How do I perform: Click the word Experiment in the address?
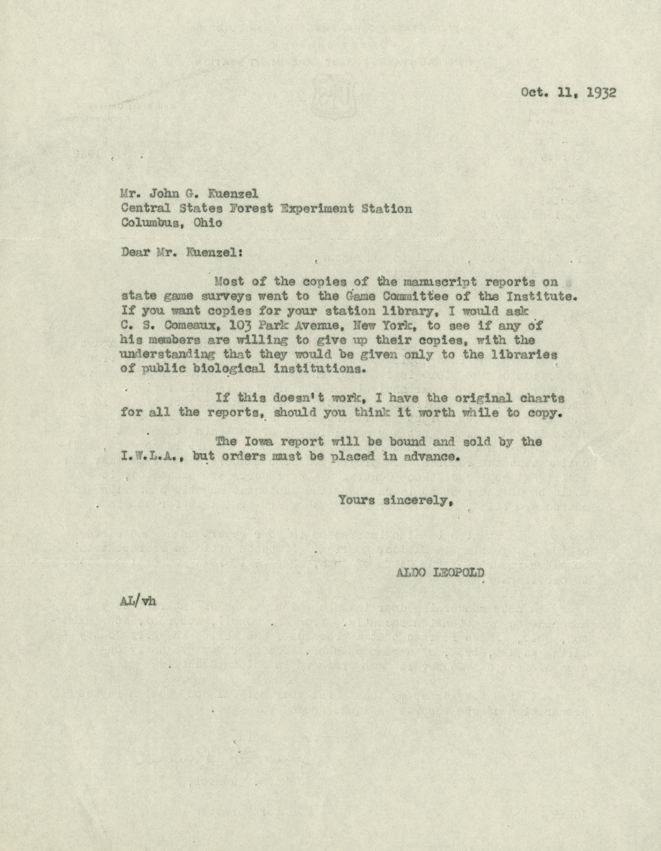pos(318,208)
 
